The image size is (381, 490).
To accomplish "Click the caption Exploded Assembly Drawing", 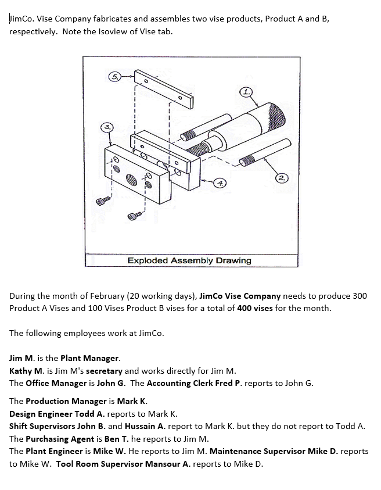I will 189,260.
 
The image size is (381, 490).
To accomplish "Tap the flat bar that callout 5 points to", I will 165,88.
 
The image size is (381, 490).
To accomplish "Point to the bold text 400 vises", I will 255,308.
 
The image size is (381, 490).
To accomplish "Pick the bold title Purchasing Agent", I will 59,438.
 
